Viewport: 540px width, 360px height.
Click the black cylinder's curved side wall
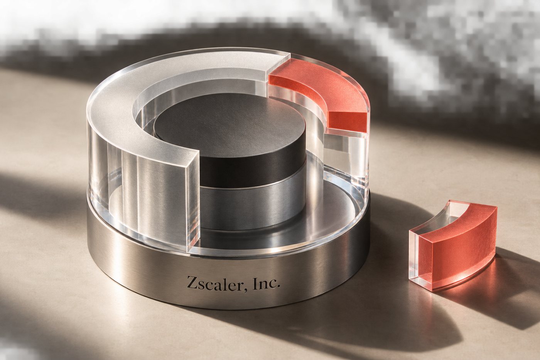253,169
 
